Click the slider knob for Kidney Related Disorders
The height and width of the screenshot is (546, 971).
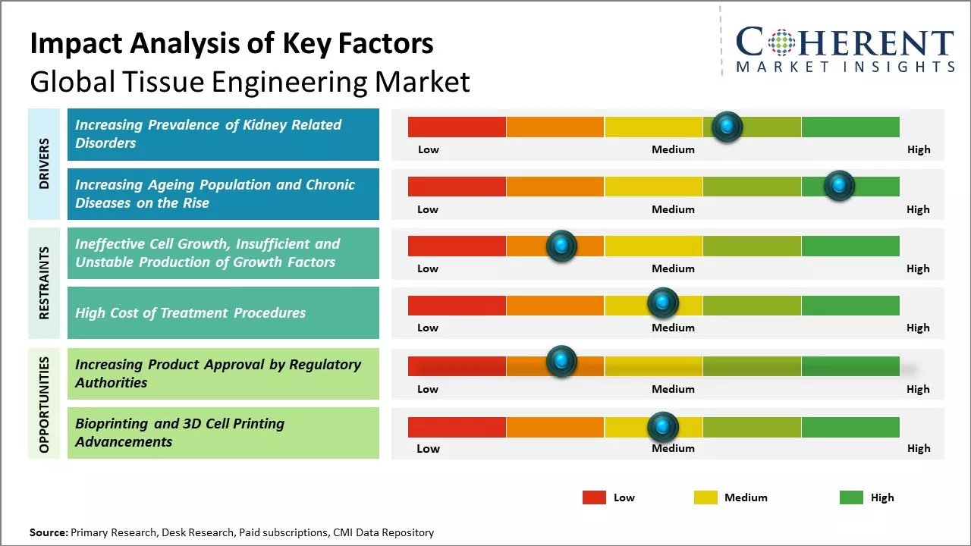727,127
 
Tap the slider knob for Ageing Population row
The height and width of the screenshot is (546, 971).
839,186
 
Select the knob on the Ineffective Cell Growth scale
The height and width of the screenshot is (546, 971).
561,246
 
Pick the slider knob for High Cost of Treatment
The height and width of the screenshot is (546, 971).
663,303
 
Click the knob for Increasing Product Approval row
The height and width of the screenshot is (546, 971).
561,362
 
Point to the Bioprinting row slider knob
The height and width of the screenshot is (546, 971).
663,427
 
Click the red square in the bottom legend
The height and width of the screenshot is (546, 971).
594,497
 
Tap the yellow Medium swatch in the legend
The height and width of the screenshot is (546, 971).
705,497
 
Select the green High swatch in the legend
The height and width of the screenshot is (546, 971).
851,497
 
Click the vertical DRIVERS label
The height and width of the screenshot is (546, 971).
43,164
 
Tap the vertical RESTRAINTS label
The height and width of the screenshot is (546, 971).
43,283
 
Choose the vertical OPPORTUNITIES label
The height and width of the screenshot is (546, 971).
43,404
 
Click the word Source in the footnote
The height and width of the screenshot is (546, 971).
48,532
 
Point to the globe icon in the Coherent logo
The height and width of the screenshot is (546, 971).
781,42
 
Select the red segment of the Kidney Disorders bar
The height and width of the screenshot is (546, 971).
457,127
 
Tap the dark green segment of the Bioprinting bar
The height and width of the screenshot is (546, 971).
850,427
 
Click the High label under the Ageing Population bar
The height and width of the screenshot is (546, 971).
918,209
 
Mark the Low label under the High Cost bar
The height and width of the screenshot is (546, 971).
428,328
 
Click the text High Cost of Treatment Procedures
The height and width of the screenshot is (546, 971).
190,312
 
